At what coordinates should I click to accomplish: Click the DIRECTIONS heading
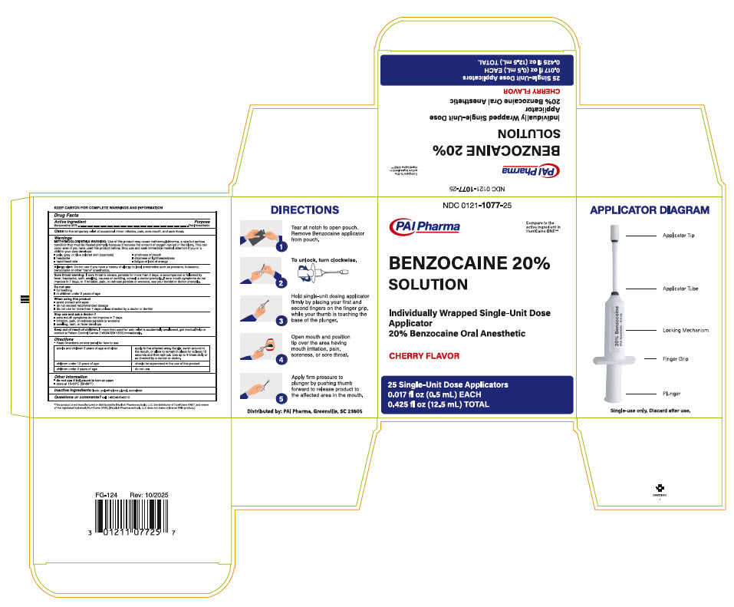tap(305, 209)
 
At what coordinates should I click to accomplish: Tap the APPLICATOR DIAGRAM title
tap(649, 209)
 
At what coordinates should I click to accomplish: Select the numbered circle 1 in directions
tap(281, 247)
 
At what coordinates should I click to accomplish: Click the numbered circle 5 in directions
tap(281, 398)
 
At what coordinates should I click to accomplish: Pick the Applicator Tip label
tap(679, 235)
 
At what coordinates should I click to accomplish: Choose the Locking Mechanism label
tap(685, 330)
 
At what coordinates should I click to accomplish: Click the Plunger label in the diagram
tap(672, 394)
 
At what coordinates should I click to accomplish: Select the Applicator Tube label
tap(680, 289)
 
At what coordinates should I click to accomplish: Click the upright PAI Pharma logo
tap(425, 226)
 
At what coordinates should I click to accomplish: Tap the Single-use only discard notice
tap(650, 411)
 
